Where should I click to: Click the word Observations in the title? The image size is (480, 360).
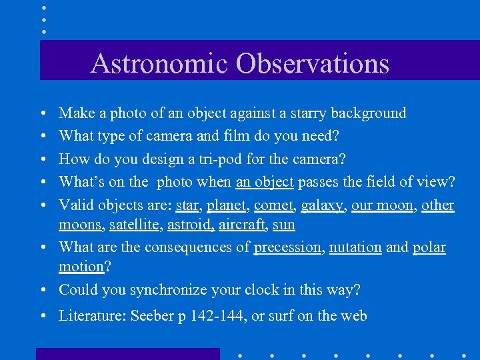311,63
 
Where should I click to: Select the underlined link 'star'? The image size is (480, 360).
187,205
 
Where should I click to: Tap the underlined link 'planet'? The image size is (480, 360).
227,205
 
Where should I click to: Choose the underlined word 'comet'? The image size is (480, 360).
273,205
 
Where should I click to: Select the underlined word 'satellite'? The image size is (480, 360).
133,225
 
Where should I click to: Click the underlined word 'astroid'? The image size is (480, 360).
191,225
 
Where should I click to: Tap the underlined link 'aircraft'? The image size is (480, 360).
243,225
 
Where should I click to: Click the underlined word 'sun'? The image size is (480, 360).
284,225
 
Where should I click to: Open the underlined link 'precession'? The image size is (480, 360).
287,247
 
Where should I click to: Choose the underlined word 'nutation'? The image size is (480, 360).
355,247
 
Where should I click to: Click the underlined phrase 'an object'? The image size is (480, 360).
265,183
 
